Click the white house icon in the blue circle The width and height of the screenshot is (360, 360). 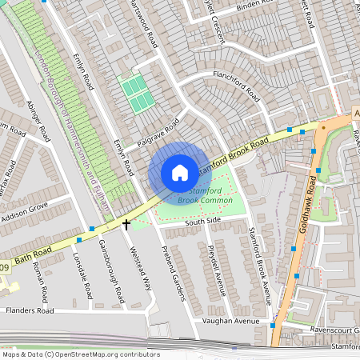point(180,173)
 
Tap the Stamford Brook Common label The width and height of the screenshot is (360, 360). point(205,194)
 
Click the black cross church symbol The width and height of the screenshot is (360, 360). point(126,225)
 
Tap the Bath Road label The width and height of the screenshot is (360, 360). point(33,256)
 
